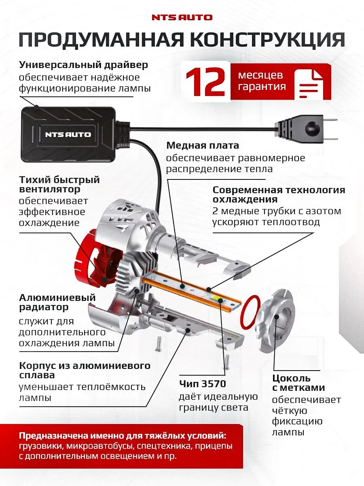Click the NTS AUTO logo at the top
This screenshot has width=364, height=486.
click(x=182, y=17)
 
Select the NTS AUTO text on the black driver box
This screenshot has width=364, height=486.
click(x=68, y=134)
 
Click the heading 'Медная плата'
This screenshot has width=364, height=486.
click(x=203, y=145)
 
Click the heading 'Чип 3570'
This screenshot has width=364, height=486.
click(x=202, y=384)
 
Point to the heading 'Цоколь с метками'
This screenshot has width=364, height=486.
click(x=298, y=383)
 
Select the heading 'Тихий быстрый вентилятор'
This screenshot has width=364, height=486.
click(x=59, y=184)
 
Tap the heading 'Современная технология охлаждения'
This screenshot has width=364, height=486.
click(x=279, y=194)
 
